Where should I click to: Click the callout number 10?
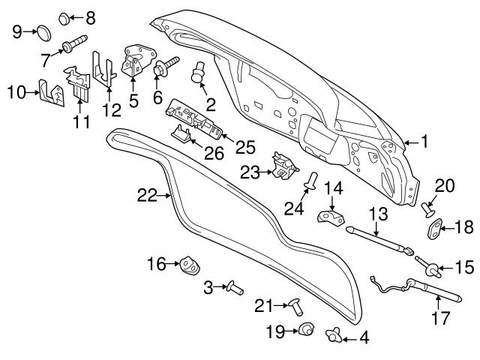16,92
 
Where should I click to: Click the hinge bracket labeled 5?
134,61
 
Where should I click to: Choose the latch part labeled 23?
282,165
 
